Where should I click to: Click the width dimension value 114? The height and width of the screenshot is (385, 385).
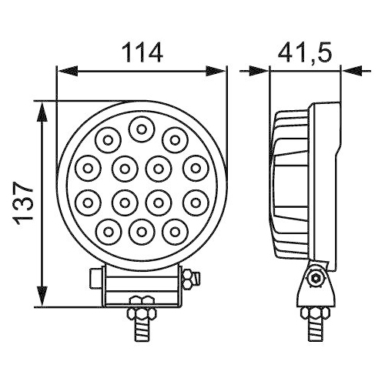pos(142,52)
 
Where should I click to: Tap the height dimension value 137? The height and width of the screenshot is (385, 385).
pos(23,203)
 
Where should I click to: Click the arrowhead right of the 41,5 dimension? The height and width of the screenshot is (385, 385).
pos(350,72)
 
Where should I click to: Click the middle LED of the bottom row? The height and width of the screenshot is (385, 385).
pos(141,229)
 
